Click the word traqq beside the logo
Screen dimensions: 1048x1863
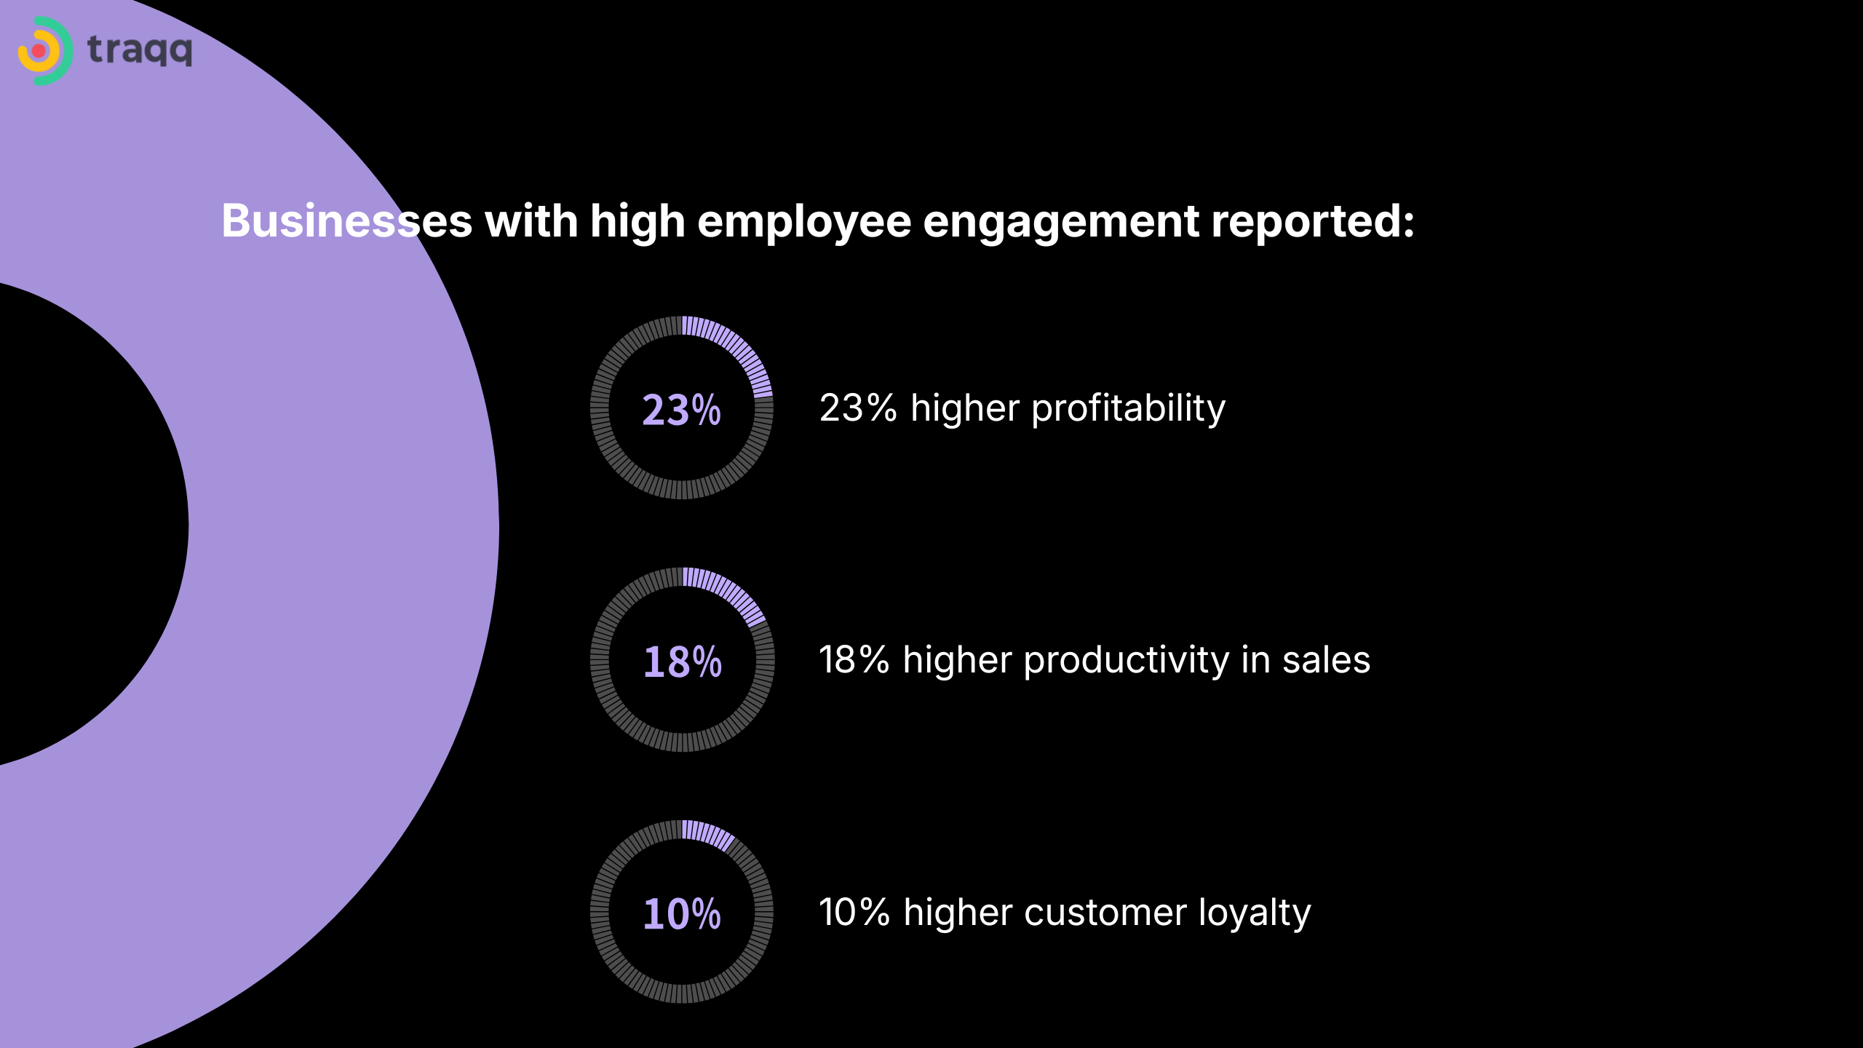coord(140,51)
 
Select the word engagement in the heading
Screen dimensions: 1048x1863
coord(1060,222)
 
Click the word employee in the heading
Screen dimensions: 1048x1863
coord(804,222)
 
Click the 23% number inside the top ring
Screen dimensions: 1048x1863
coord(681,409)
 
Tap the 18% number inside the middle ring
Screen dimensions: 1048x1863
coord(682,662)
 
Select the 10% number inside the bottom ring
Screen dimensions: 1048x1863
coord(682,913)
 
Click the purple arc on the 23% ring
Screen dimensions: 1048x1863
coord(739,349)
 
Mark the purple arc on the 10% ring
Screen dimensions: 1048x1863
coord(707,833)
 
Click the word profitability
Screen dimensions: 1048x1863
coord(1129,408)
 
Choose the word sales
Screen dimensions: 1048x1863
coord(1326,660)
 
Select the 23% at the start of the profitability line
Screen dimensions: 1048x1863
coord(858,408)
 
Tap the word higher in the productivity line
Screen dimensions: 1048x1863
coord(958,661)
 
